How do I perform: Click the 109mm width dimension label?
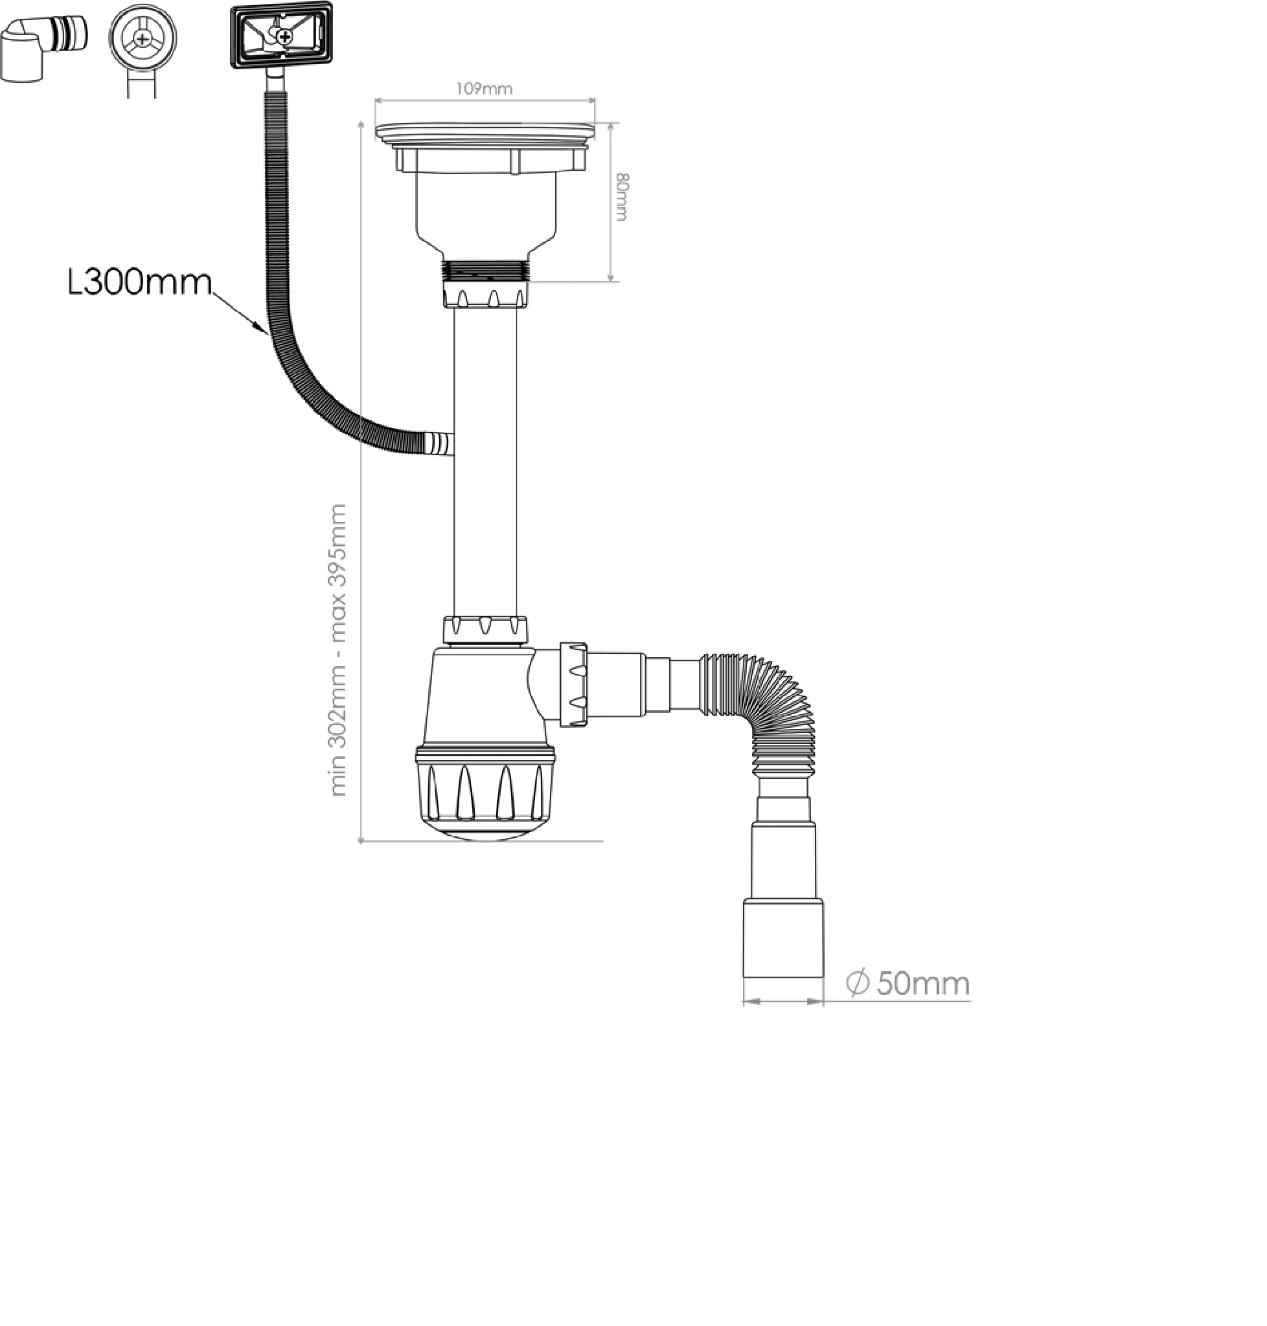485,89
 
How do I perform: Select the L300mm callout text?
140,282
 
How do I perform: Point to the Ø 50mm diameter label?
907,983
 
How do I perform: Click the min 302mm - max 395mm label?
337,650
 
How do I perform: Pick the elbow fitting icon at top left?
43,49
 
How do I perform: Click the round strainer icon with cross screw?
143,38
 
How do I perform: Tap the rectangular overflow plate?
282,35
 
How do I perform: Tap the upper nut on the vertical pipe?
486,296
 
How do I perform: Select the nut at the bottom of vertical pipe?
485,629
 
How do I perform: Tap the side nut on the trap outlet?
573,684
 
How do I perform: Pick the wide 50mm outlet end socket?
783,939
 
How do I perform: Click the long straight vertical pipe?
485,462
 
